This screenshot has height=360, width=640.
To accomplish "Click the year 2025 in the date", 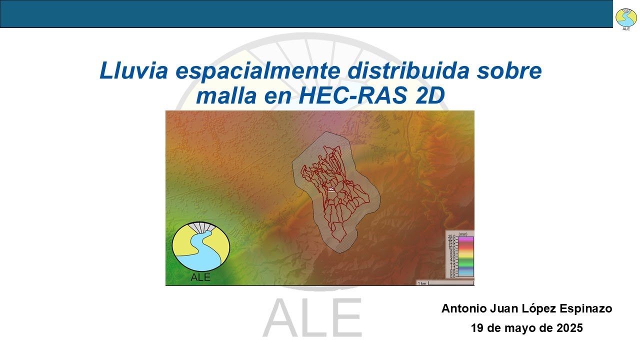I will click(x=567, y=328).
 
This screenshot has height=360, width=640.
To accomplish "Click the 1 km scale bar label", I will click(x=422, y=283).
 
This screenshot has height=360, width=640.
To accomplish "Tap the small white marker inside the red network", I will click(x=330, y=189).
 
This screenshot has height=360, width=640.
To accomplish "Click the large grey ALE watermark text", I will click(x=312, y=317).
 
